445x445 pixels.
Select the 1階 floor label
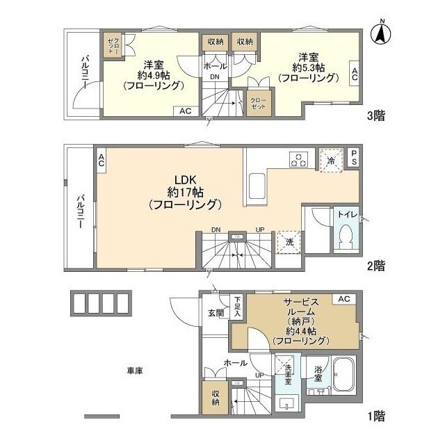point(375,416)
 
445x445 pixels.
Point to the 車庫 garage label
point(135,371)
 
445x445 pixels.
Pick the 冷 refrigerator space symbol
point(332,159)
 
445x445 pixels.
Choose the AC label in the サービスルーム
point(342,299)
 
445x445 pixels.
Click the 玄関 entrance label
point(216,313)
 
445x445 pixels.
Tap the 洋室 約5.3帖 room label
point(309,67)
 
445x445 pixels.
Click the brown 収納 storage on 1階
point(216,396)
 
